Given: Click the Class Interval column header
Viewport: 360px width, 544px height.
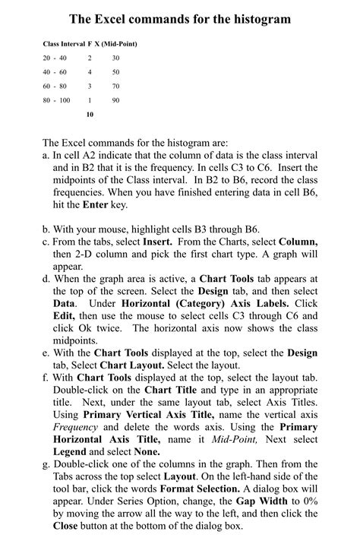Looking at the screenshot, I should point(64,44).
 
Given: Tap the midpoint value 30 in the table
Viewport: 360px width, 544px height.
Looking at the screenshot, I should point(115,59).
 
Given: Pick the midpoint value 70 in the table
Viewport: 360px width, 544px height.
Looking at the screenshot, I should point(115,86).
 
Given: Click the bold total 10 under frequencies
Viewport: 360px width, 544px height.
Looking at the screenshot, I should point(90,115).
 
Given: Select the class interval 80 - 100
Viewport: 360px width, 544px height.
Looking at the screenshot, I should point(57,100).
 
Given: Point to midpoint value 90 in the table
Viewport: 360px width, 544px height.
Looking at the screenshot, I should point(115,100).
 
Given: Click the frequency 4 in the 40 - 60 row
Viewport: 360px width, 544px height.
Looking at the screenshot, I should point(90,72).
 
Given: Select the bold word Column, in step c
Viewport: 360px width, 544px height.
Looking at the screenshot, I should point(298,242).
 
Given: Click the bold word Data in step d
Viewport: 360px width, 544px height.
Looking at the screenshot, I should point(64,302).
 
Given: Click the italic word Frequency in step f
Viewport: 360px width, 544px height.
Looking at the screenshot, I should point(74,426).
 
